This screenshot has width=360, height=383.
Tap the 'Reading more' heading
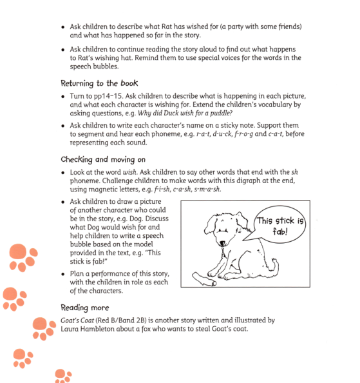(x=85, y=308)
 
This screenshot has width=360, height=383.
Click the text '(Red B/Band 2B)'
(x=134, y=320)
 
